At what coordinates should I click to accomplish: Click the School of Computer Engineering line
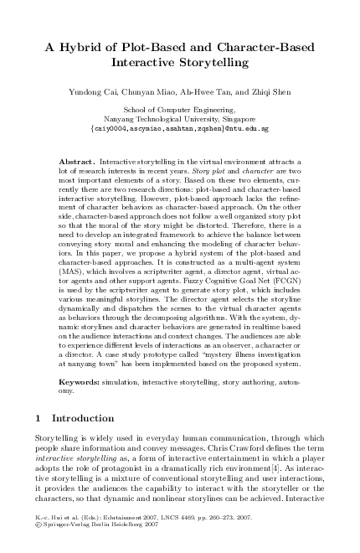pos(180,110)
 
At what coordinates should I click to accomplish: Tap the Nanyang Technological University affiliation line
pos(180,119)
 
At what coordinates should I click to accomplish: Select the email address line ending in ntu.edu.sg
pos(180,129)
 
